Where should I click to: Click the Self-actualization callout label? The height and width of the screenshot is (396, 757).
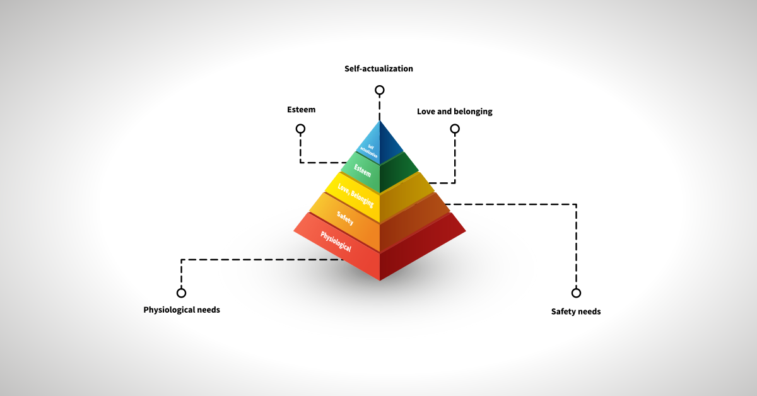(378, 68)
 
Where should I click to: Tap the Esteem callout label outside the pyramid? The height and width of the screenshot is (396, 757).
(300, 110)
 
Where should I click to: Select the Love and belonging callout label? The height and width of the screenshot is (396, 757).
(454, 112)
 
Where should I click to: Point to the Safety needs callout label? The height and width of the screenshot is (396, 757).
(575, 312)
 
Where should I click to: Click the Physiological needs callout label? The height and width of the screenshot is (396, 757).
(182, 310)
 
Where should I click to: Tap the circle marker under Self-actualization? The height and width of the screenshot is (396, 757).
(379, 90)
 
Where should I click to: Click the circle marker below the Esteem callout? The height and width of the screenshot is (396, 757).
(300, 129)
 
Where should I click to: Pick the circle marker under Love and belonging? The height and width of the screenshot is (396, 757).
(455, 129)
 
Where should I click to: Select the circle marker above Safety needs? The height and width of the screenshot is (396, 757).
(576, 293)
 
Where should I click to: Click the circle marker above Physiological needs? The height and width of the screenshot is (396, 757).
(182, 293)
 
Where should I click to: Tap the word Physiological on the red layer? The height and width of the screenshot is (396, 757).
(336, 242)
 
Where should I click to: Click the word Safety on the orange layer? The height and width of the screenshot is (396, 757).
(345, 219)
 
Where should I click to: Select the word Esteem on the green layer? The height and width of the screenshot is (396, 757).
(362, 170)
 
